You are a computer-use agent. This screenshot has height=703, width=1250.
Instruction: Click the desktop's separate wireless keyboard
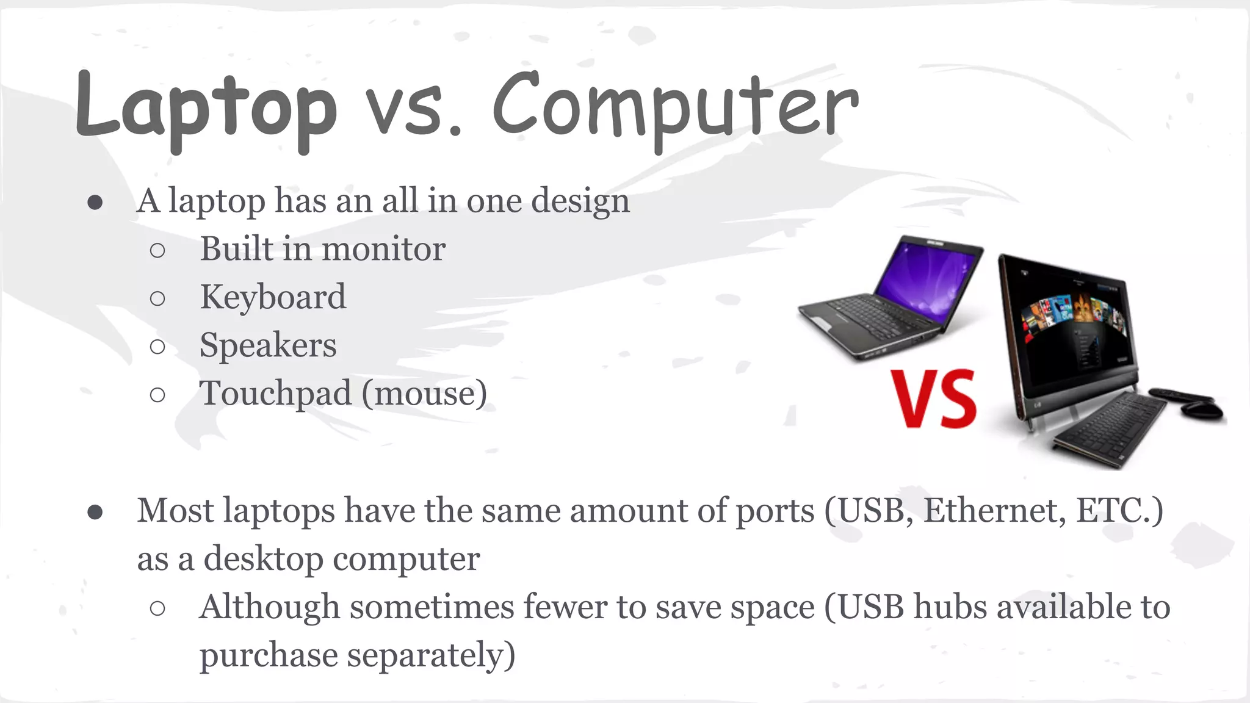click(x=1111, y=430)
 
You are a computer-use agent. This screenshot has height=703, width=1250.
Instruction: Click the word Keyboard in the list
click(x=273, y=297)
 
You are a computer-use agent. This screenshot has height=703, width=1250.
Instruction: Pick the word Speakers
click(x=268, y=345)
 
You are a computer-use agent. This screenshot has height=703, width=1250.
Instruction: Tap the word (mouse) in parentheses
click(x=425, y=394)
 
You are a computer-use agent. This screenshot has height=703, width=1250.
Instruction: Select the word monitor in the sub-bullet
click(x=383, y=249)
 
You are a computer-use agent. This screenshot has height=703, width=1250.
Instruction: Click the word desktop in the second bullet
click(x=263, y=558)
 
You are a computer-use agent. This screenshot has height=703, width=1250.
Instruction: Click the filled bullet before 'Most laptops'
click(x=95, y=511)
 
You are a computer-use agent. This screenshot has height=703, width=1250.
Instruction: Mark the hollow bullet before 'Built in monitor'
click(x=157, y=250)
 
